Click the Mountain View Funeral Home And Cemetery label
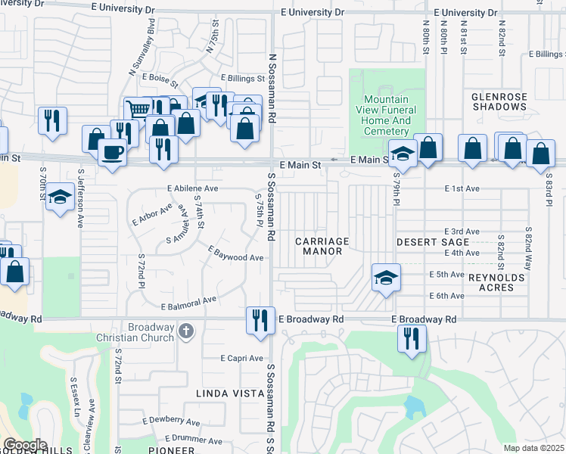[386, 115]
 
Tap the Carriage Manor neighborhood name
[325, 246]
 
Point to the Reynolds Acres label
[496, 283]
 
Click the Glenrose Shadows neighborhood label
[498, 102]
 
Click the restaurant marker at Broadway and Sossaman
[258, 319]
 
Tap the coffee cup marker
[113, 152]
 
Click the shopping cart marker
[138, 110]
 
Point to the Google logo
[24, 445]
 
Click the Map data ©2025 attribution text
[533, 448]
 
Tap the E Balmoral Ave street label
[189, 303]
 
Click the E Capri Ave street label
[241, 358]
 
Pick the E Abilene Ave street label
[192, 188]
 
